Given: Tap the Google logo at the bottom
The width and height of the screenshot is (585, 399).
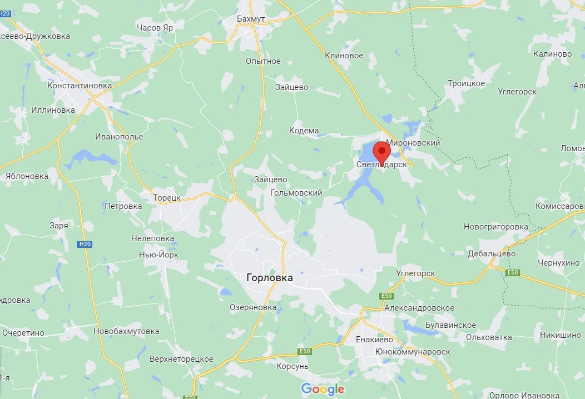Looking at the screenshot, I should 323,389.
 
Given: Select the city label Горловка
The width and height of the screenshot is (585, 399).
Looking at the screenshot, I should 269,278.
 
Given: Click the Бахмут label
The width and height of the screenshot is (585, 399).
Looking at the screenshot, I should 251,19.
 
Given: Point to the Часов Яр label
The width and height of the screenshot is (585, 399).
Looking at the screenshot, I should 155,27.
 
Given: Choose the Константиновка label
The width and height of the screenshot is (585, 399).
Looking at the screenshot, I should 80,86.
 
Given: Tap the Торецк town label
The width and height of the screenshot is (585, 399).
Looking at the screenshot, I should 167,197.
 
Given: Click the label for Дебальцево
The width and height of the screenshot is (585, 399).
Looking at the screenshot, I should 491,253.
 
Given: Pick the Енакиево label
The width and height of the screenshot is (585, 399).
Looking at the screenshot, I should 374,340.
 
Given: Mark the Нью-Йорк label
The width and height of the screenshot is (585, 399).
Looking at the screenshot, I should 158,255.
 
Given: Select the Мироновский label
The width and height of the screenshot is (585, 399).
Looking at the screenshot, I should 413,143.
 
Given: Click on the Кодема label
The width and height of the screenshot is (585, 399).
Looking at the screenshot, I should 304,131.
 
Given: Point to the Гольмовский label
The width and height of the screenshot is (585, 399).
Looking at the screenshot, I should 296,193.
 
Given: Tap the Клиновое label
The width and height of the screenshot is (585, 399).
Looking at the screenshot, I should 344,56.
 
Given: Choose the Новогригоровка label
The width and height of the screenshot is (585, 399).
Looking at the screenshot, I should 496,227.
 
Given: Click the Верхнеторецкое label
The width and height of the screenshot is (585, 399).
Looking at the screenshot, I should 181,359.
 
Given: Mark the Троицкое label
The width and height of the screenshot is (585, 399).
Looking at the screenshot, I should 466,83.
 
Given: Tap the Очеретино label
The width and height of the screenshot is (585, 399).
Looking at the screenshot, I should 23,333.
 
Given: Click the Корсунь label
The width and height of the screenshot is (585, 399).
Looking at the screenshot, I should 292,366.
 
